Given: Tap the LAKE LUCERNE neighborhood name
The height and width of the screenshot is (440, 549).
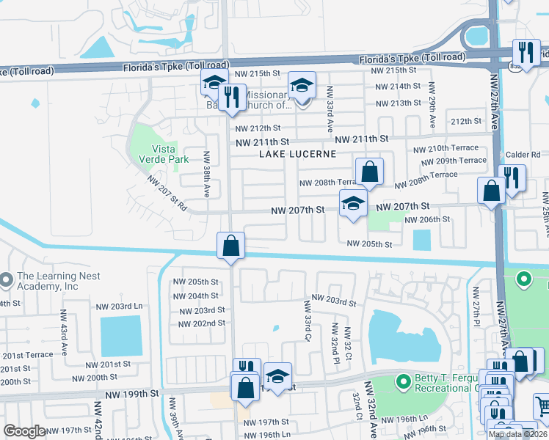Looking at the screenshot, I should pyautogui.click(x=297, y=154).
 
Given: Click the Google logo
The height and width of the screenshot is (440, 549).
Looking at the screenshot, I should pyautogui.click(x=26, y=431).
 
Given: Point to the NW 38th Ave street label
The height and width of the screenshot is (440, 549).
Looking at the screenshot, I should pyautogui.click(x=207, y=175).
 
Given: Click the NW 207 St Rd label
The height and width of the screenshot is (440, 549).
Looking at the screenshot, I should pyautogui.click(x=167, y=192).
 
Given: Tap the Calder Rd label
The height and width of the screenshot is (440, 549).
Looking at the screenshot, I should pyautogui.click(x=523, y=155).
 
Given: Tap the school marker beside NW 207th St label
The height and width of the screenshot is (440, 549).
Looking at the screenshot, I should pyautogui.click(x=353, y=204).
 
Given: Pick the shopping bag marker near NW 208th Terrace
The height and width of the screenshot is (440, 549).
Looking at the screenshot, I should pyautogui.click(x=371, y=172).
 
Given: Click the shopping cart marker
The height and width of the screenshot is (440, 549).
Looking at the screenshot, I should pyautogui.click(x=542, y=404).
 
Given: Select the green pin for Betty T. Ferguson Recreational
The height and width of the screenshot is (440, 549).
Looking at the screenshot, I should pyautogui.click(x=402, y=381).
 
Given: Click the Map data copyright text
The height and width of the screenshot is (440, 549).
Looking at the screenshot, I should pyautogui.click(x=517, y=434).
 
